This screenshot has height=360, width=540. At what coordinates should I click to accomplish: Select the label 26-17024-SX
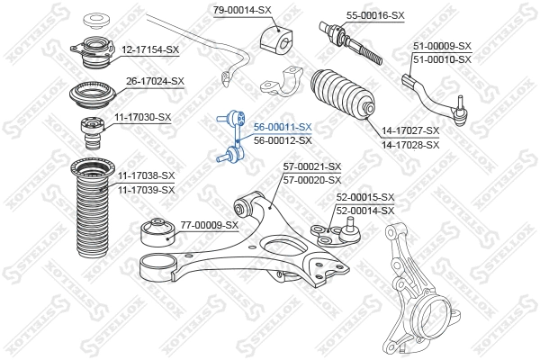point(155,81)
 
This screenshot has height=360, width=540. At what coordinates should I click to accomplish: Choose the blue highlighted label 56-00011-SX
point(283,128)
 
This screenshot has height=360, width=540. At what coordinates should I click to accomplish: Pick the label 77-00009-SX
point(209,225)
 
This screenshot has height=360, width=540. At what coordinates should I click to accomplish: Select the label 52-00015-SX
point(365,197)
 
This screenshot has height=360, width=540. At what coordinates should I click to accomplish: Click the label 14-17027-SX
point(410,131)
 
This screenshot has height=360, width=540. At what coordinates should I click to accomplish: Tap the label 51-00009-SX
point(442,46)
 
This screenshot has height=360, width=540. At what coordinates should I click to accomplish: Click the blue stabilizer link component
point(231,136)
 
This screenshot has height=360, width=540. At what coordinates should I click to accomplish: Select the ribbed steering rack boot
point(341,97)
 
